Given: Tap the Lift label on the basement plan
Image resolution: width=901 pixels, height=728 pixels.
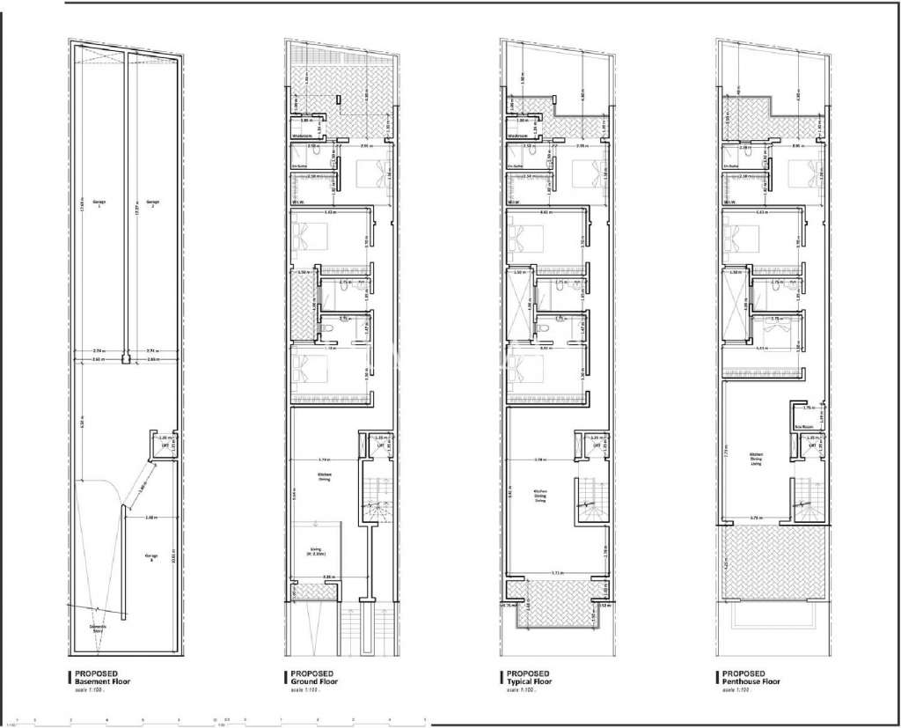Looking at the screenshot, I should coord(163,445).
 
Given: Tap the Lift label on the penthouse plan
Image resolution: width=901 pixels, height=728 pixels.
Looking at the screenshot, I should coord(813,445).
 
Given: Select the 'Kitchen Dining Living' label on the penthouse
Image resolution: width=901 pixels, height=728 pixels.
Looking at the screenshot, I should coord(755,457).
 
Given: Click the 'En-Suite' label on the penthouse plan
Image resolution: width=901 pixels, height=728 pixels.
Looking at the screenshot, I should coord(730,165).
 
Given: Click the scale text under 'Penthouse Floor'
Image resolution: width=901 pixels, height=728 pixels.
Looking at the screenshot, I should coord(736,690).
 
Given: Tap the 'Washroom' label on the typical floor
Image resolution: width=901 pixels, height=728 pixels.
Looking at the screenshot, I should coord(517,136).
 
